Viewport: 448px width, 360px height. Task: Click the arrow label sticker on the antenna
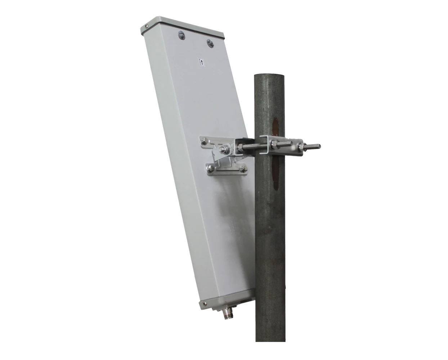click(x=202, y=62)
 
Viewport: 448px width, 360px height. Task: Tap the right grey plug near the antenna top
click(x=210, y=44)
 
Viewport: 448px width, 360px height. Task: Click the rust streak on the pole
click(x=276, y=155)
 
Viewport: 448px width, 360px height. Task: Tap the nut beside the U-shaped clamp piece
click(x=275, y=145)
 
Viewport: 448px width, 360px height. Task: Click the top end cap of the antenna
click(x=182, y=27)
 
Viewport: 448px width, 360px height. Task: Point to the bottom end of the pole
click(x=270, y=338)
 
